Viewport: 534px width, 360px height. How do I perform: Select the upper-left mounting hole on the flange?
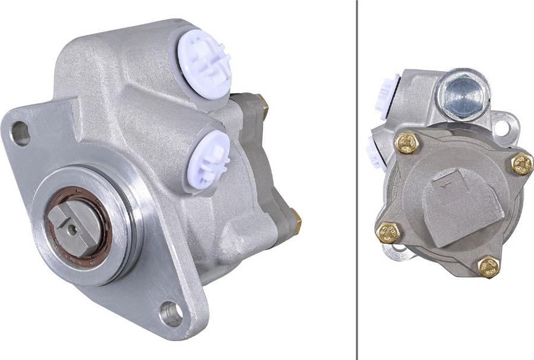tap(20, 133)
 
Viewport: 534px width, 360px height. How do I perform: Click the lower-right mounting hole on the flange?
tap(171, 314)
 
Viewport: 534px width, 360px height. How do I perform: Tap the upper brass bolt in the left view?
tap(262, 105)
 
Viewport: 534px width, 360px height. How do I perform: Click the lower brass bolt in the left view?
tap(296, 222)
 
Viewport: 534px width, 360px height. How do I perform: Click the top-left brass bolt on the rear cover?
tap(407, 143)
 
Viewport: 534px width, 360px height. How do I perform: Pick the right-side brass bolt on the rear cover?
tap(522, 164)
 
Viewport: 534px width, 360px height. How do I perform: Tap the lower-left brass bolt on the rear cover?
tap(389, 232)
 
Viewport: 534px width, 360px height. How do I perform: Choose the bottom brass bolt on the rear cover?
tap(488, 267)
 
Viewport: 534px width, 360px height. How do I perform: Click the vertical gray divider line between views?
tap(357, 178)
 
